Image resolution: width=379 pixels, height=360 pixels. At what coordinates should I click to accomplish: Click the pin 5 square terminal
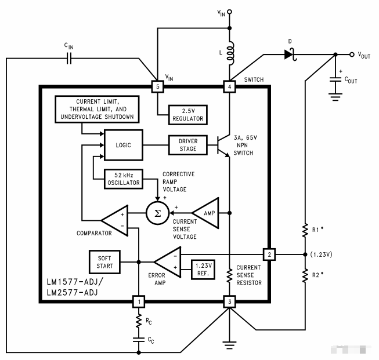tap(157, 86)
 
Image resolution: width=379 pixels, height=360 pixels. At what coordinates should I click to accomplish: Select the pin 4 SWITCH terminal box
tap(230, 86)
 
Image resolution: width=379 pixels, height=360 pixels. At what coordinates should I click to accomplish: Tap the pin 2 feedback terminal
tap(269, 254)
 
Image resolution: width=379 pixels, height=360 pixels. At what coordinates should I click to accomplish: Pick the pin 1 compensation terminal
tap(139, 301)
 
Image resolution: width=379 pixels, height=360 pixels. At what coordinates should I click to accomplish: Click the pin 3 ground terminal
tap(230, 301)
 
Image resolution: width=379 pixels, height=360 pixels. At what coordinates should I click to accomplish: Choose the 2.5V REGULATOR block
tap(187, 115)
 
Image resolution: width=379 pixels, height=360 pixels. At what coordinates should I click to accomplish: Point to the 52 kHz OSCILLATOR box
tap(122, 179)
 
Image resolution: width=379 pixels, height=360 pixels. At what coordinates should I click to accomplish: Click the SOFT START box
tap(104, 261)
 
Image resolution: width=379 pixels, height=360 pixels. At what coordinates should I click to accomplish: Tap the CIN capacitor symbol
tap(70, 58)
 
